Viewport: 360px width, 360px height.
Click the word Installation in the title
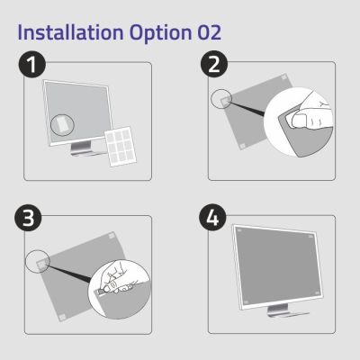point(71,33)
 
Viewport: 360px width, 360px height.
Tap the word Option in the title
point(160,33)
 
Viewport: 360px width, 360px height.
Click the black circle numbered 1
point(31,67)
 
